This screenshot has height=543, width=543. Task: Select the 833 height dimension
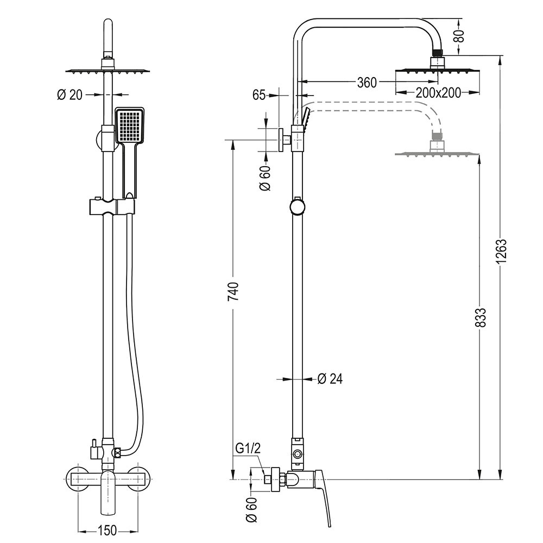tap(481, 317)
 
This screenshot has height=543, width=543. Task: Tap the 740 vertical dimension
tap(233, 292)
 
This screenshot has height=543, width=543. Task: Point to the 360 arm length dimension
tap(367, 83)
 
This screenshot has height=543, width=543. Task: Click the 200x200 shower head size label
tap(438, 92)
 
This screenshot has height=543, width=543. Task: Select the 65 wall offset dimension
tap(258, 94)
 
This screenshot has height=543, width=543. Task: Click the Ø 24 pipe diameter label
tap(330, 379)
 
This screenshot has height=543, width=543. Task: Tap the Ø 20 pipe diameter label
tap(70, 94)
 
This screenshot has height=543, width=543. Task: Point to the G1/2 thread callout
tap(248, 449)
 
